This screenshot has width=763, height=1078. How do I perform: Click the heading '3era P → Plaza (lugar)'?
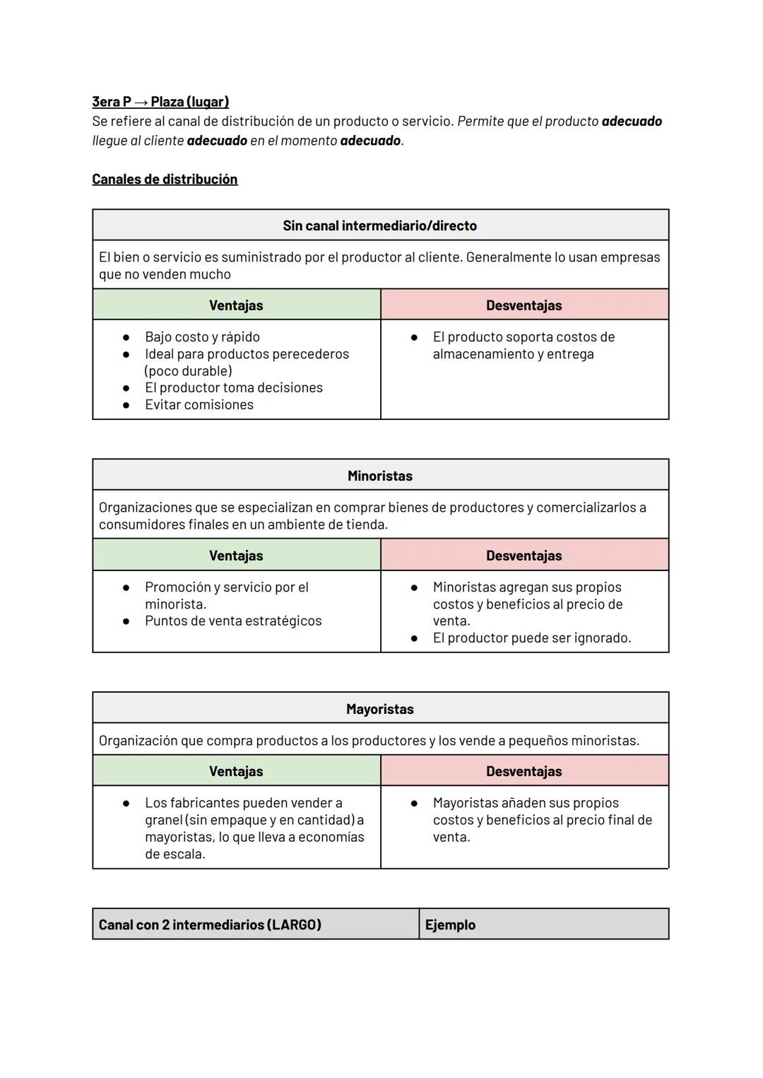coord(160,102)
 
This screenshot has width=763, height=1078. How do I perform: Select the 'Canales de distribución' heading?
coord(165,180)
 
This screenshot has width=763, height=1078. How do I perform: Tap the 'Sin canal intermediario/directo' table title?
coord(379,225)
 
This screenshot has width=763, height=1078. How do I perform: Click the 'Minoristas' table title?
coord(379,476)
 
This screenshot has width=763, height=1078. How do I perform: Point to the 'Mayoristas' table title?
coord(379,709)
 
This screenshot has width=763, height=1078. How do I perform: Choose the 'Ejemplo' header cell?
coord(450,925)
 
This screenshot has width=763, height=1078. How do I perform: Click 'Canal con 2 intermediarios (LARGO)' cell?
coord(210,925)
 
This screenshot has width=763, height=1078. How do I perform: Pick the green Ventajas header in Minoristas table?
coord(236,556)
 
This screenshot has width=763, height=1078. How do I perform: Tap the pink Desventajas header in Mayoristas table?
coord(524,771)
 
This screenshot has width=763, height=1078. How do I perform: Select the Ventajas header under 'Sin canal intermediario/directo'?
coord(236,305)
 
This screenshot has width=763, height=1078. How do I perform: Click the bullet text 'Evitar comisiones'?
coord(199,405)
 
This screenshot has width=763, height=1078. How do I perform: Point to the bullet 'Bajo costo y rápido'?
coord(202,337)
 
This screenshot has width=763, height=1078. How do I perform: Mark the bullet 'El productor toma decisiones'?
coord(234,388)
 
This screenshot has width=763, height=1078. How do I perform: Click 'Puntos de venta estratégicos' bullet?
coord(233,621)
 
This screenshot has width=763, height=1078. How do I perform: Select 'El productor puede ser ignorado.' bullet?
coord(532,638)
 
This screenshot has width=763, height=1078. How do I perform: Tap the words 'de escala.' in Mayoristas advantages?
coord(175,855)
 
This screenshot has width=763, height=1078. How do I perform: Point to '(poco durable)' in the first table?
coord(188,371)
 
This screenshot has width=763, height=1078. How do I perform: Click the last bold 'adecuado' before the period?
coord(370,141)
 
